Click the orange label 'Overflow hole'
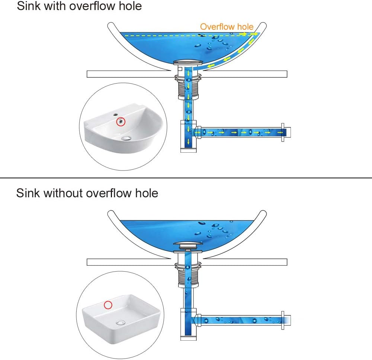(227, 26)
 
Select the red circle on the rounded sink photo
(121, 121)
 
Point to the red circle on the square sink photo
(108, 305)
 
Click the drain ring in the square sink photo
(121, 322)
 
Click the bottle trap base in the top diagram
(188, 150)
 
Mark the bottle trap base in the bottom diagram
(188, 338)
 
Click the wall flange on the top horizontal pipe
(283, 133)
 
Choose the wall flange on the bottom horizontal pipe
(283, 320)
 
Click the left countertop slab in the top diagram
(129, 74)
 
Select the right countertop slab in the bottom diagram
(245, 262)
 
